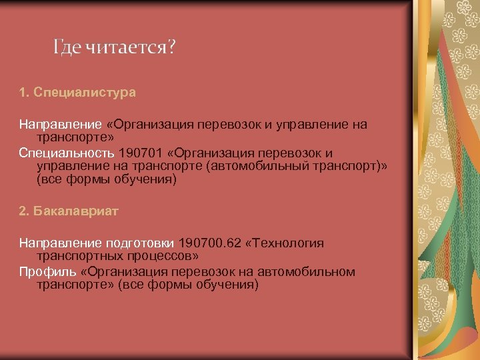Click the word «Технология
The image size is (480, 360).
[x=285, y=243]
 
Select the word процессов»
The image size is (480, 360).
[x=163, y=256]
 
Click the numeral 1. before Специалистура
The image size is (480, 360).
[x=24, y=93]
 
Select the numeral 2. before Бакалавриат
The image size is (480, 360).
[x=24, y=211]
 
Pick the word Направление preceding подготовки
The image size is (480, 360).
[x=59, y=243]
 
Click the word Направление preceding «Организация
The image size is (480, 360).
[x=59, y=124]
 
